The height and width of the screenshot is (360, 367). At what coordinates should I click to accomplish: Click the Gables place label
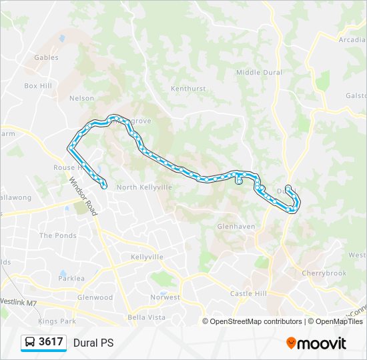coord(47,58)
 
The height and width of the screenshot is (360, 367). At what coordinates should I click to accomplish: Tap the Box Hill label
coord(38,86)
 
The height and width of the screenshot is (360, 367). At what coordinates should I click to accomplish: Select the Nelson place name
coord(81,98)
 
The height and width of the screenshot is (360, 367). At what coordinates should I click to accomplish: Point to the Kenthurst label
coord(188,88)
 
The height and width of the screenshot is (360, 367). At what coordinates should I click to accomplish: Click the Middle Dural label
coord(259,73)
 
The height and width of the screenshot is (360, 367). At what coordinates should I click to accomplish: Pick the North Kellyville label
coord(144,187)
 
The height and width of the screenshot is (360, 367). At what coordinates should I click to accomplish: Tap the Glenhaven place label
coord(236,227)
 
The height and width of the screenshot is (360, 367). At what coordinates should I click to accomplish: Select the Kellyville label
coord(147,257)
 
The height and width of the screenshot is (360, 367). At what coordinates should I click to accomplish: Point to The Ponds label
coord(58,235)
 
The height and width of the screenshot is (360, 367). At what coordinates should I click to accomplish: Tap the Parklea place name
coord(71,279)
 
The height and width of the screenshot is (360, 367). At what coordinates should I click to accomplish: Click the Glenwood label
coord(95,297)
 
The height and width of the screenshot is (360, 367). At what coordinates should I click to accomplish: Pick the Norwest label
coord(165,297)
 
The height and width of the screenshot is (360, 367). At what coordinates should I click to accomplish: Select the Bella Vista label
coord(146,317)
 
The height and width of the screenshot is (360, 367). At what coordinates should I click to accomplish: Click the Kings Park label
coord(57,321)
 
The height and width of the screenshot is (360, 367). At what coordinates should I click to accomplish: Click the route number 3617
coord(51,342)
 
